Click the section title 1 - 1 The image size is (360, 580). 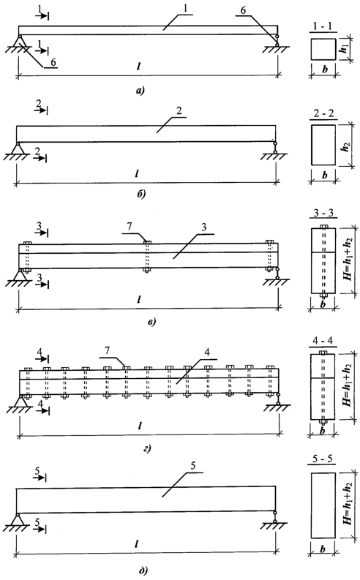(x=323, y=27)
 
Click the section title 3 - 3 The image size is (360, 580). (x=322, y=214)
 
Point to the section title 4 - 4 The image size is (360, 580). (x=322, y=341)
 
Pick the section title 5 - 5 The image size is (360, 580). (x=322, y=459)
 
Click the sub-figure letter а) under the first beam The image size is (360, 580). (x=140, y=90)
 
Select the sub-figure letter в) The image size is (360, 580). (x=151, y=321)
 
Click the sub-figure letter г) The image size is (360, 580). (x=148, y=449)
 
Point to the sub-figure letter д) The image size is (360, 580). (x=143, y=571)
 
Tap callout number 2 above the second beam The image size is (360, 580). (x=179, y=111)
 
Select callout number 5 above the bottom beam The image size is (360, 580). (x=192, y=466)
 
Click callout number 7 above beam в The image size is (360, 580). (x=129, y=227)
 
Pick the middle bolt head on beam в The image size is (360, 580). (x=147, y=243)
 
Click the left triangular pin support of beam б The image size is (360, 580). (x=17, y=148)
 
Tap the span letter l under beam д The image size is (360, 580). (x=137, y=543)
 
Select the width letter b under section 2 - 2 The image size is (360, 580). (x=324, y=175)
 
